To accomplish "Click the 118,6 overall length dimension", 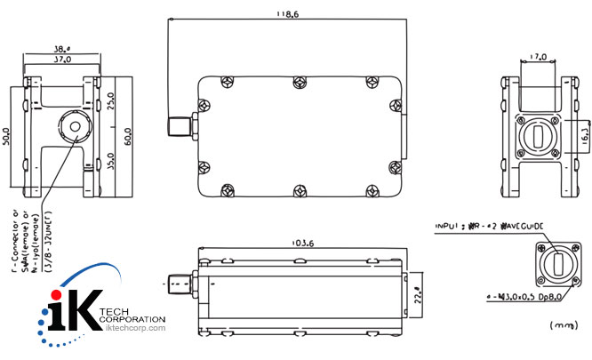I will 285,14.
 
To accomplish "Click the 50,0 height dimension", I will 7,135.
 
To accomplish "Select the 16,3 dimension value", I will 587,134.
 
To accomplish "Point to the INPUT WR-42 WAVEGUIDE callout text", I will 490,227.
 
